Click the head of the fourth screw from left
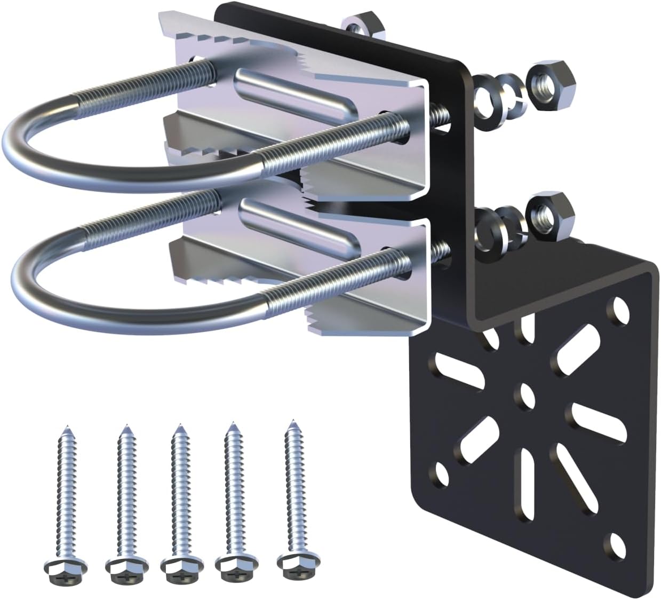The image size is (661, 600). tap(230, 564)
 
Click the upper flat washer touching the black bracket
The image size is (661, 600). tap(488, 99)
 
